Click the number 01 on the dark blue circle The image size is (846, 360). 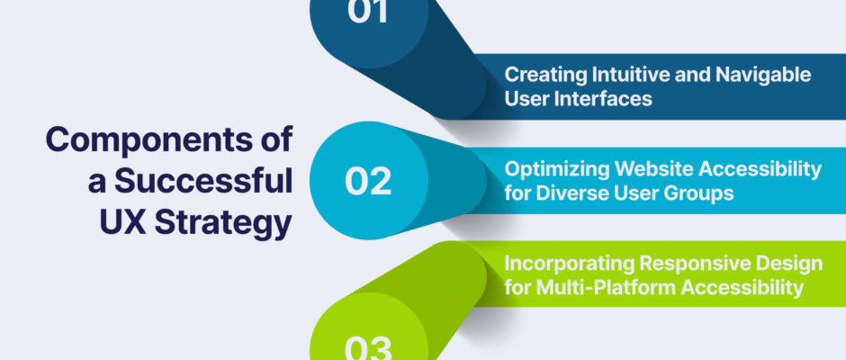point(368,11)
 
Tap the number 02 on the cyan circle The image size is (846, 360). point(368,181)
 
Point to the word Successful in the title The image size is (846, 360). point(204,181)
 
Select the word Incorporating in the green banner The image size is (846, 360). point(569,265)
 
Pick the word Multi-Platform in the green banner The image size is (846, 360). point(606,288)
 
